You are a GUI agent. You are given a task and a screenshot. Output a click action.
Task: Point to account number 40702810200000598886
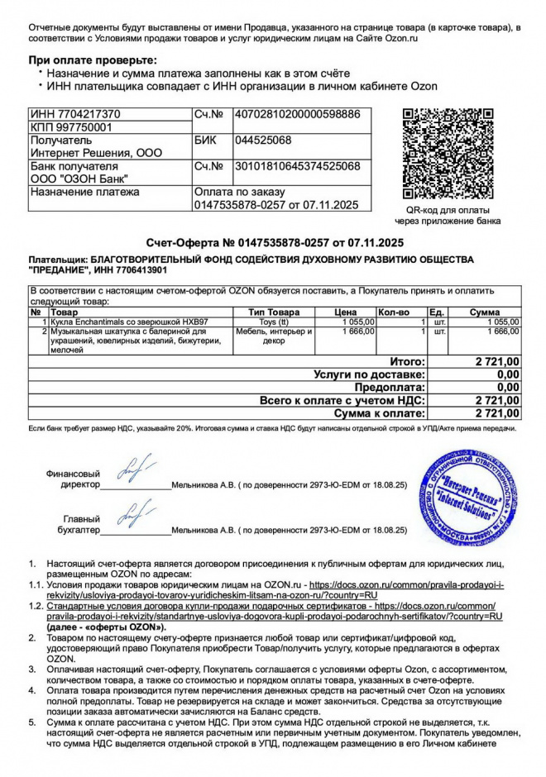coord(298,114)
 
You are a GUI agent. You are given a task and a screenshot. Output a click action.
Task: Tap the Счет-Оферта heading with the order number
coord(274,242)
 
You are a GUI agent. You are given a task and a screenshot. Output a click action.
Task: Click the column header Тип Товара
coord(274,312)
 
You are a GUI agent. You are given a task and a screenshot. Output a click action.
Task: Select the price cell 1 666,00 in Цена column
coord(359,331)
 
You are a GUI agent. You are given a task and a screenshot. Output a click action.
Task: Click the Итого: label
coord(407,362)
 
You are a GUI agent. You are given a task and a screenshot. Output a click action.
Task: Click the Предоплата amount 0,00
coord(507,388)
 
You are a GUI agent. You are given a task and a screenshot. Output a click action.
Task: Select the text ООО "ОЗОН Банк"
coord(79,179)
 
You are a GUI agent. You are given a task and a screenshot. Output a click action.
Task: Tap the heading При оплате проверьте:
coord(93,60)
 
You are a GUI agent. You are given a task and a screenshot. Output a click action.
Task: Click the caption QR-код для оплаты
coord(448,210)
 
